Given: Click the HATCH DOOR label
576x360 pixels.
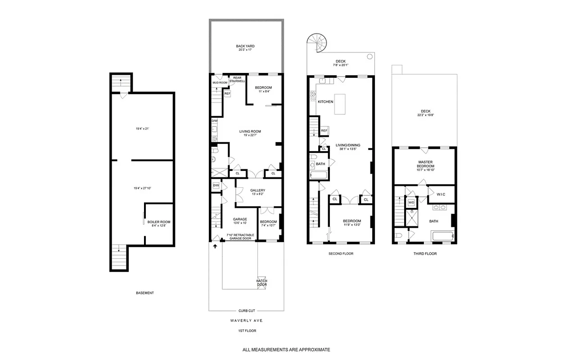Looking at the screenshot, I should tap(261, 283).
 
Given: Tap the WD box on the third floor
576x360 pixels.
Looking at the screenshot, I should tap(411, 203).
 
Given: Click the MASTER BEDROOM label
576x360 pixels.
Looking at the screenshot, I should tap(425, 164).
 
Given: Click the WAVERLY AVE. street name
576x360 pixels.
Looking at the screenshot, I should tap(246, 321).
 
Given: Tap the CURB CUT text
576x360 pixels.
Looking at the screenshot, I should tap(246, 310).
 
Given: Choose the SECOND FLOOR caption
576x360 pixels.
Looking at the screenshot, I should tap(341, 254).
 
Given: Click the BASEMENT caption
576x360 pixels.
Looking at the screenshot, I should tap(145, 293).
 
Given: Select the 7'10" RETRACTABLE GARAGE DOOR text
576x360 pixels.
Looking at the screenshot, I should tap(240, 237).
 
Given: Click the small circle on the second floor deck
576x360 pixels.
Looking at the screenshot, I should tap(369, 57).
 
